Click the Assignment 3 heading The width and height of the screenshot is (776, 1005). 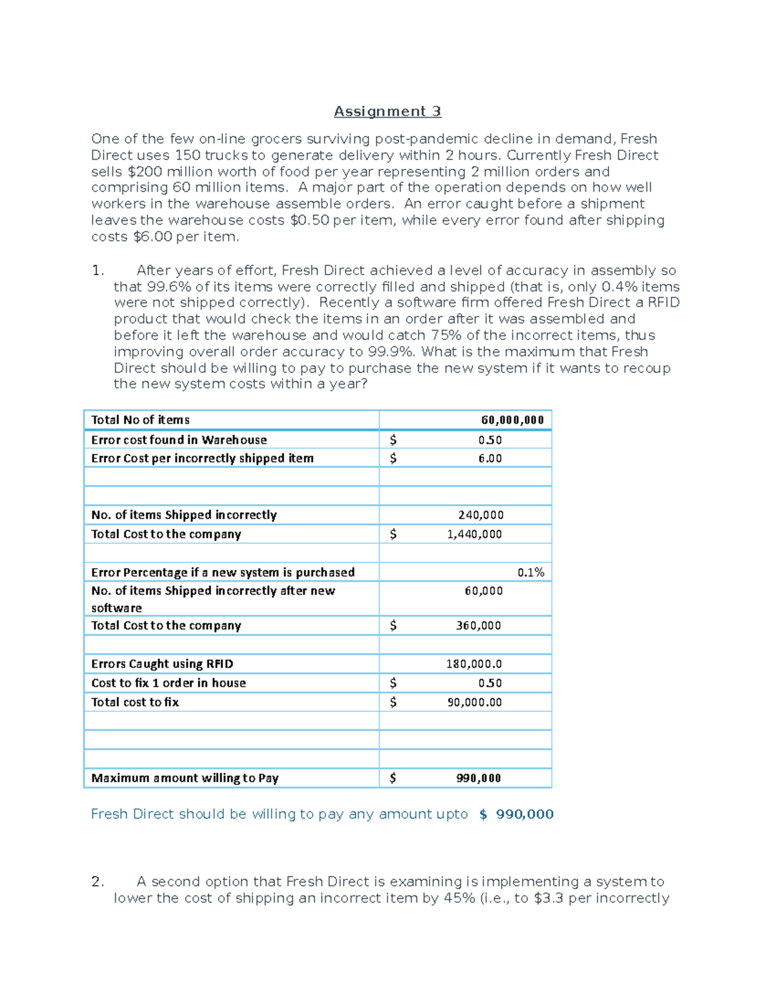click(387, 111)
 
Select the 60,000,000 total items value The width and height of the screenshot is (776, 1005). click(512, 420)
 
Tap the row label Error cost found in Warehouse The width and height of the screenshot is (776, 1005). click(179, 440)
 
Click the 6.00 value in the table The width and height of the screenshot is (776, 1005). click(490, 458)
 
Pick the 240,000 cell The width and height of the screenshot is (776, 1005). click(481, 515)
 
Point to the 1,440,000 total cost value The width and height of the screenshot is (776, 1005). click(474, 534)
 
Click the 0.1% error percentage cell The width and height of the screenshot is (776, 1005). click(531, 572)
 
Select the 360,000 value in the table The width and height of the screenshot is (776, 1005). click(479, 626)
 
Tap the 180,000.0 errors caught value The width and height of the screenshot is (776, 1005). click(474, 664)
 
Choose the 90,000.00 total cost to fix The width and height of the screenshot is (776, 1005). click(475, 702)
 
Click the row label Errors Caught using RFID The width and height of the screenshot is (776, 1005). click(162, 664)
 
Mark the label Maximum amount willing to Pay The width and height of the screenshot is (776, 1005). click(185, 778)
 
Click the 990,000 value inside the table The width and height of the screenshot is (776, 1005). click(479, 778)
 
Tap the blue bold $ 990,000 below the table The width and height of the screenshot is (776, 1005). click(516, 814)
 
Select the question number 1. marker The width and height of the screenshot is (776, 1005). click(98, 271)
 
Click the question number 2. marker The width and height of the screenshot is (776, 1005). click(98, 881)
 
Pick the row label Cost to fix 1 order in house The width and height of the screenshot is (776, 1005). click(169, 683)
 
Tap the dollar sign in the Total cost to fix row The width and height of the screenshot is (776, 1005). click(393, 702)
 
